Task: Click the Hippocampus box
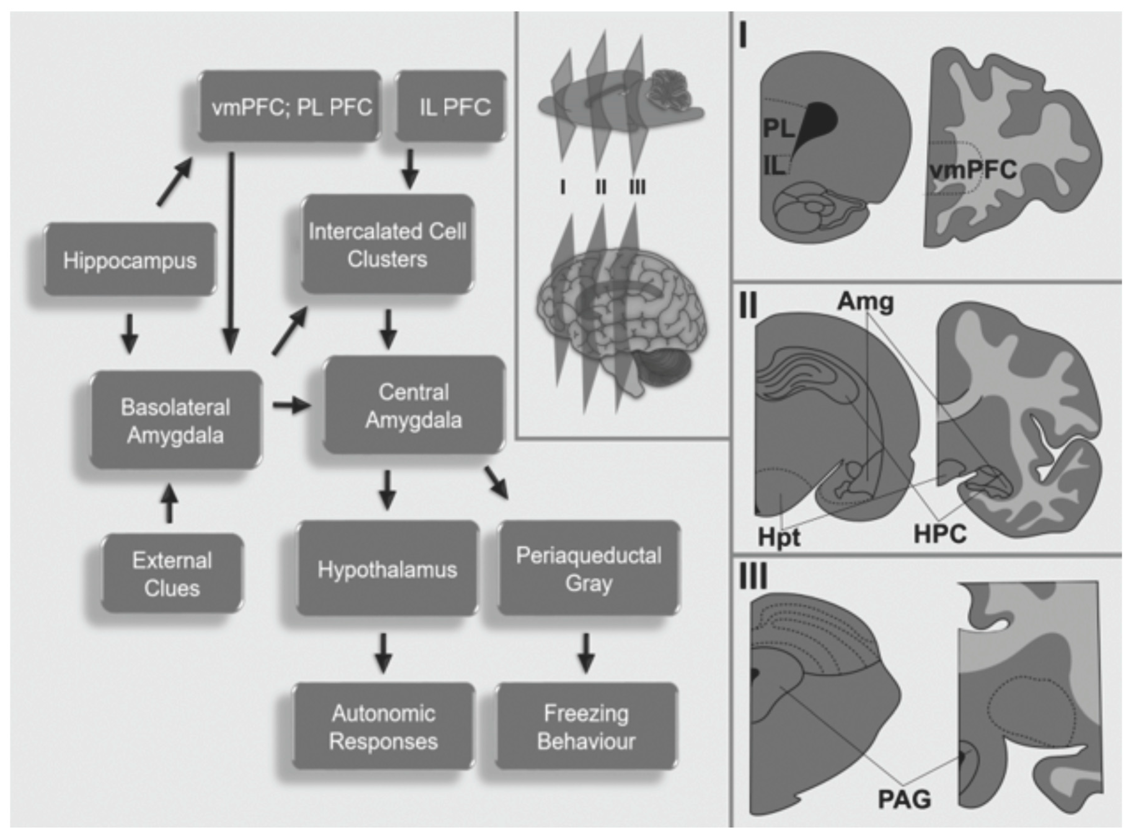[130, 260]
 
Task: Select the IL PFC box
[450, 107]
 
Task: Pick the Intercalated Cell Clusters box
[387, 245]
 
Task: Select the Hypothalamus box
[387, 569]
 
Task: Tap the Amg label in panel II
[865, 302]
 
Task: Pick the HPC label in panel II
[940, 534]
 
